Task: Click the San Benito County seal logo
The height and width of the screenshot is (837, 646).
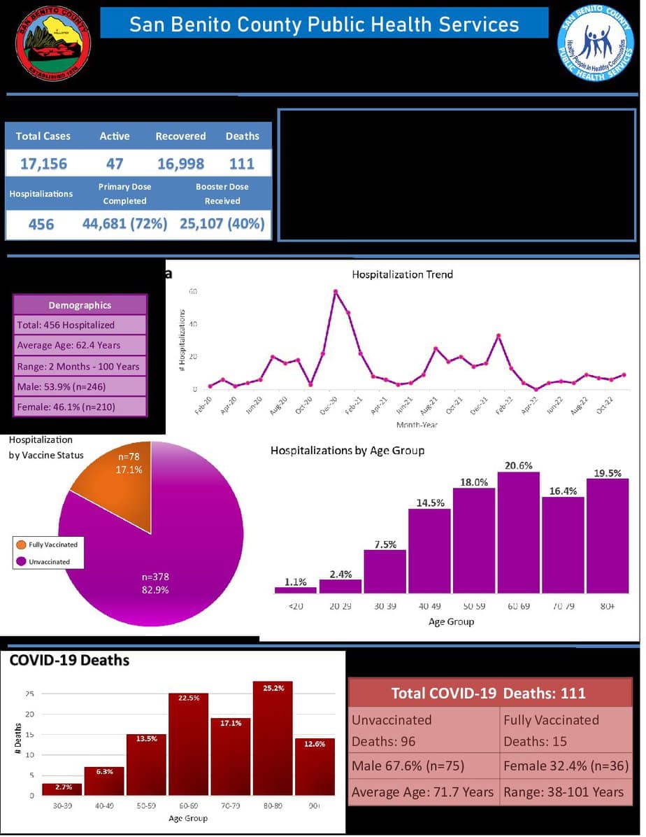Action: [53, 43]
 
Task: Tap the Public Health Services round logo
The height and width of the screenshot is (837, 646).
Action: [596, 43]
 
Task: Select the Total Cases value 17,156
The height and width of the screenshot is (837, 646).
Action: [43, 164]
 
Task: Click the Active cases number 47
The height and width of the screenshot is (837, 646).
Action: [115, 164]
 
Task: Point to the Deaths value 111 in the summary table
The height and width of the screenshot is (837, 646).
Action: [242, 164]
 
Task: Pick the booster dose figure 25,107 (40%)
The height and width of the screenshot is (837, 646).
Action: [222, 224]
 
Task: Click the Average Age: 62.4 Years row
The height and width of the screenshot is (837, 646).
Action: [80, 345]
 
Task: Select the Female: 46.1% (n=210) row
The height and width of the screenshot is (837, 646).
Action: [80, 407]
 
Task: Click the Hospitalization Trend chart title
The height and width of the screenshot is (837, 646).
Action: [402, 274]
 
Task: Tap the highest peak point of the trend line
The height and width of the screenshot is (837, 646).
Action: [336, 291]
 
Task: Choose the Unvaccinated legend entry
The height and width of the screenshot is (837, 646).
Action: [49, 561]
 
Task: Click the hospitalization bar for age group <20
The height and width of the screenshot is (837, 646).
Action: [296, 590]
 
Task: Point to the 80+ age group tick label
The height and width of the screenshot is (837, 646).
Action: [608, 606]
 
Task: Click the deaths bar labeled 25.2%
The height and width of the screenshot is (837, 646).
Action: [273, 738]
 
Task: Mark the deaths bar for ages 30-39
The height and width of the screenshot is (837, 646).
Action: [62, 789]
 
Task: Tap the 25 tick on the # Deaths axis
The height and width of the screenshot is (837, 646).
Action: [29, 694]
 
